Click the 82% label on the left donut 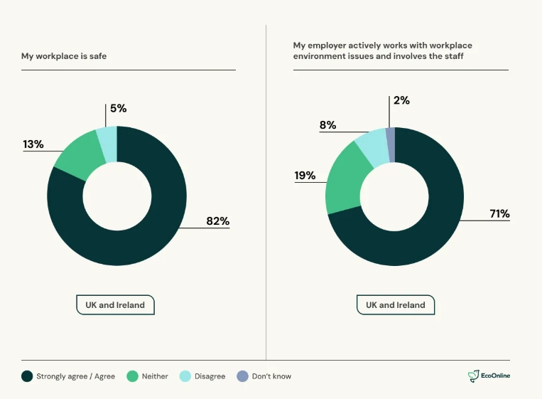point(217,221)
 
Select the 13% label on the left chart point(33,144)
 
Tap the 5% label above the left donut point(118,109)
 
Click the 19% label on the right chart point(305,176)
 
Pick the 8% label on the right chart point(327,125)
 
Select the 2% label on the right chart point(401,100)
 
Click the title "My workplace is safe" point(64,55)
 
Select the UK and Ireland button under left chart point(115,305)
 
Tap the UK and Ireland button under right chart point(396,305)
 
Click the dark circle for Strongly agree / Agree point(27,376)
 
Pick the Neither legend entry point(148,376)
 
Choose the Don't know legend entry point(264,376)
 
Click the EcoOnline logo point(489,376)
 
